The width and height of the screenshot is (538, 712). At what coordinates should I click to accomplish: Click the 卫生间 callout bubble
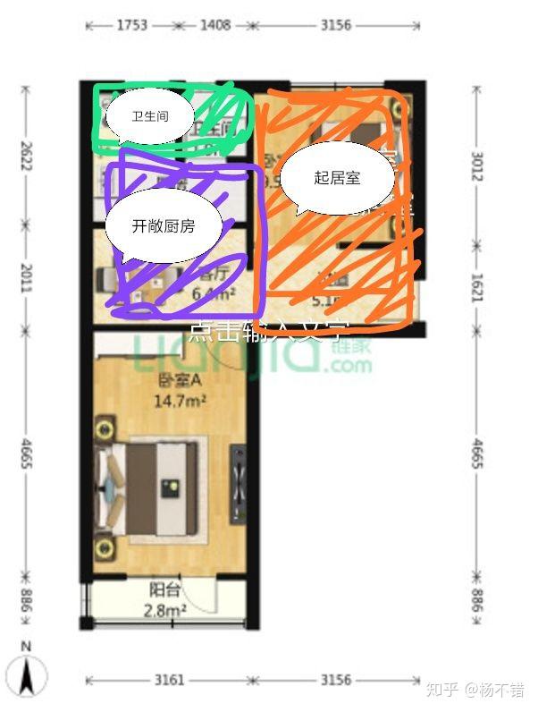point(150,116)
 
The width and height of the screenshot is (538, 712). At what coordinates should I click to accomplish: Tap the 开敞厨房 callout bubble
point(163,226)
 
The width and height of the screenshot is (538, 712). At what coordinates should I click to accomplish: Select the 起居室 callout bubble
point(337,178)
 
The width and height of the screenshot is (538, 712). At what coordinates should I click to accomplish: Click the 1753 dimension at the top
point(131,25)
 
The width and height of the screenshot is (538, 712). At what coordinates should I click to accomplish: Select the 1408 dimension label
point(214,25)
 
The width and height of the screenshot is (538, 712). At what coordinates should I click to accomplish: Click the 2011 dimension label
point(26,277)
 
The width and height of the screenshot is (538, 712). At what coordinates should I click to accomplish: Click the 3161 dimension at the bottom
point(169,680)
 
